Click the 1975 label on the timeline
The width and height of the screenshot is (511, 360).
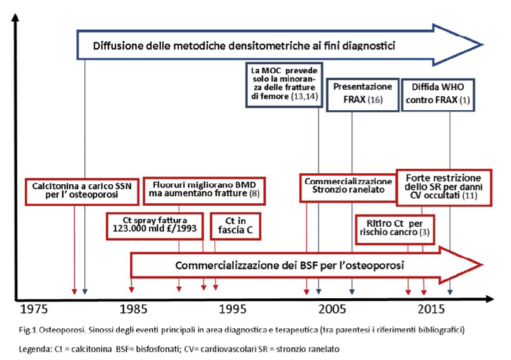(34, 309)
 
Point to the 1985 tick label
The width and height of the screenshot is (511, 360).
(133, 309)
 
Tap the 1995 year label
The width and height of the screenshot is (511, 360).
(233, 309)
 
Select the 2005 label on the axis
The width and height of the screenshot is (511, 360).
(332, 309)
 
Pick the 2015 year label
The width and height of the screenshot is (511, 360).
(431, 309)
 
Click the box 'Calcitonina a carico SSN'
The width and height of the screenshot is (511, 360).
(82, 192)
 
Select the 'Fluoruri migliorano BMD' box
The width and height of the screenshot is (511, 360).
(205, 191)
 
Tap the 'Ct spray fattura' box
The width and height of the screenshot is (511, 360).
(155, 226)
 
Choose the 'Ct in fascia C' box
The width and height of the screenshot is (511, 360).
(235, 226)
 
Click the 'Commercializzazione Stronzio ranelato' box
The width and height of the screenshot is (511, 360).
(348, 188)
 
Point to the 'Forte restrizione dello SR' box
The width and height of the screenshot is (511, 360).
(444, 188)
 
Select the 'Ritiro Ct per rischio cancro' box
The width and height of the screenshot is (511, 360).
(394, 229)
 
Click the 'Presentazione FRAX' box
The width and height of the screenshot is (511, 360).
(363, 95)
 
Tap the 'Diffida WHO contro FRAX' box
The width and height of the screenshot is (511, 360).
(438, 95)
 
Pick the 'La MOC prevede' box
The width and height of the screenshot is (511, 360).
(284, 85)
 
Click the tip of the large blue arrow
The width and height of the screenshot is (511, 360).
(482, 45)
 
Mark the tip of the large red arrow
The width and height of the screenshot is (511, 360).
(482, 265)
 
